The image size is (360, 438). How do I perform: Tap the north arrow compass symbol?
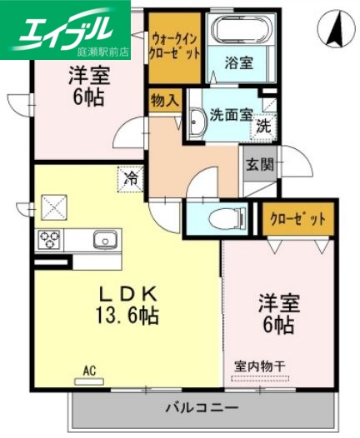click(x=337, y=31)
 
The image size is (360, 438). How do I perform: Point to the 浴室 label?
click(x=242, y=61)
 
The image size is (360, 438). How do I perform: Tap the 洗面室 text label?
click(x=232, y=116)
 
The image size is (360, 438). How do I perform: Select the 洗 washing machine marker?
click(x=262, y=127)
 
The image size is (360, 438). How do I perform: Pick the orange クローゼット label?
click(x=297, y=220)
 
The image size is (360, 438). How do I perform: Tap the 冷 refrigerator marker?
click(x=130, y=177)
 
